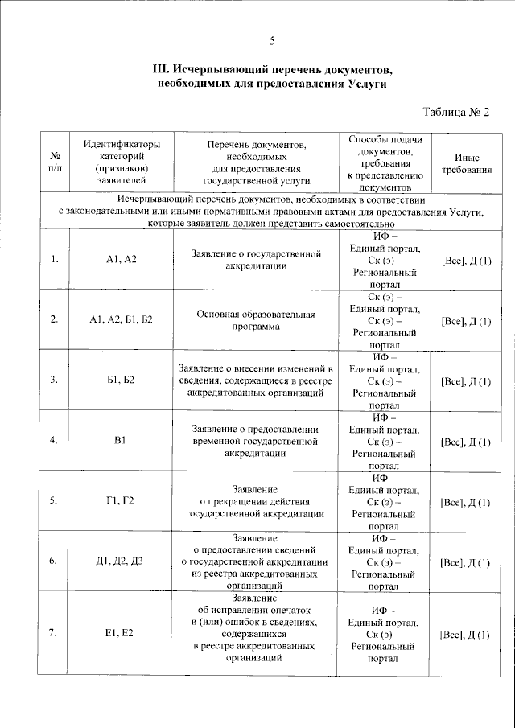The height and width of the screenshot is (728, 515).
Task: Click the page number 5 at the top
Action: [272, 41]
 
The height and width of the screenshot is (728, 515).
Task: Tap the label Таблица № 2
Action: [455, 112]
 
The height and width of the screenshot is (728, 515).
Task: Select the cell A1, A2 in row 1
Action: [122, 259]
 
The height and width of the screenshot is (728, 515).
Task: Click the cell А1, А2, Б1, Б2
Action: [122, 319]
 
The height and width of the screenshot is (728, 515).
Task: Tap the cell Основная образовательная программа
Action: [256, 320]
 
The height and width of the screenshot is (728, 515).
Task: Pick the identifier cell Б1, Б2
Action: [122, 380]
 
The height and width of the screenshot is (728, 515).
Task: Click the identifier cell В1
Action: [122, 440]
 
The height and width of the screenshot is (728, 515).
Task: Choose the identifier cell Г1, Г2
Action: [122, 500]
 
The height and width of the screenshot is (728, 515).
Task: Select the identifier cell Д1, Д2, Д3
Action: [122, 561]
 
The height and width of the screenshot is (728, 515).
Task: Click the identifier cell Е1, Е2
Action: [122, 634]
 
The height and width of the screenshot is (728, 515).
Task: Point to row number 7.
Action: [54, 634]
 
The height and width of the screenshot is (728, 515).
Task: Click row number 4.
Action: [54, 440]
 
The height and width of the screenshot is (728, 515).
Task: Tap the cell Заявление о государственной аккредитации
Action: [256, 259]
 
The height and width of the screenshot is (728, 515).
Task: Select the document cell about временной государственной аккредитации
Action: [256, 440]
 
